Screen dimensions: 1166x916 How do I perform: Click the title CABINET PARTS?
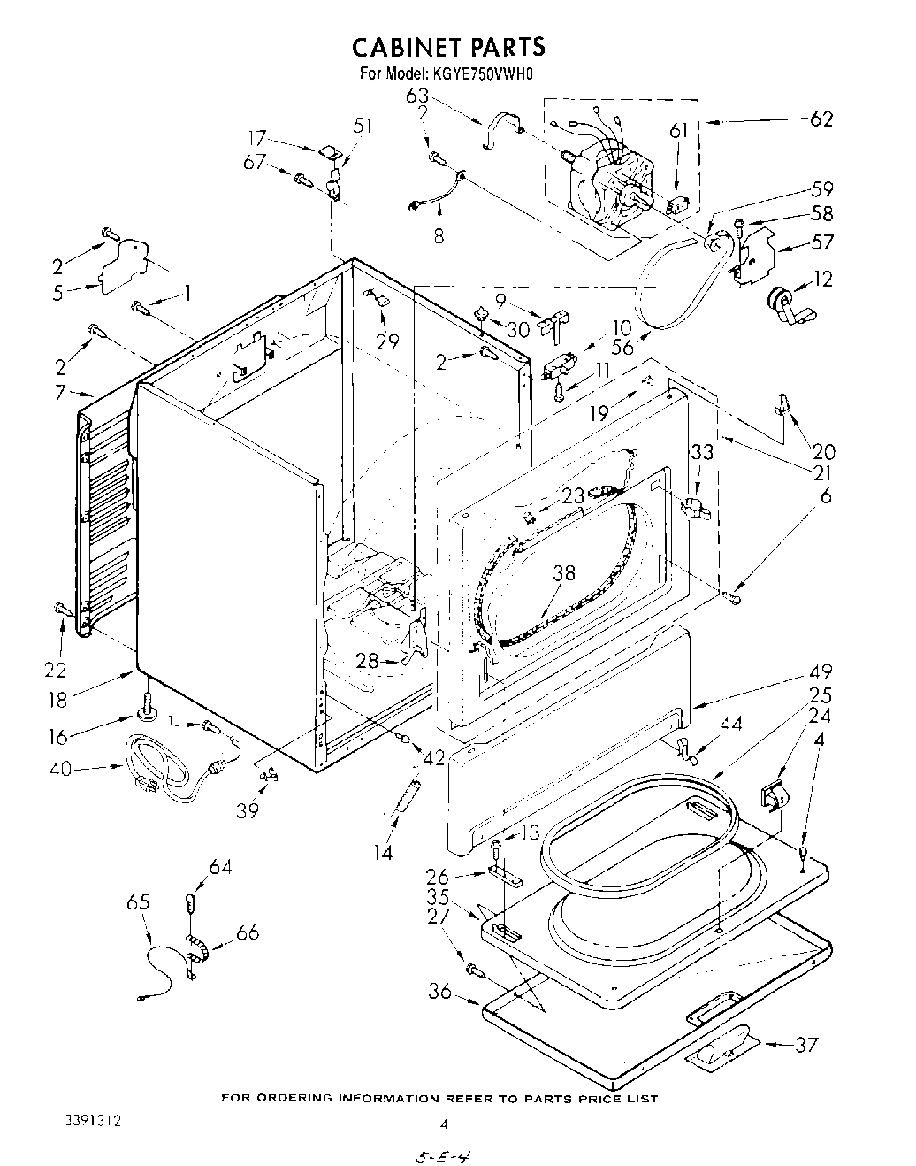(x=449, y=45)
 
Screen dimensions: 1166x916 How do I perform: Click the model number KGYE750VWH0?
(x=485, y=75)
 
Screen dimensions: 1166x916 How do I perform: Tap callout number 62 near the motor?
(x=821, y=119)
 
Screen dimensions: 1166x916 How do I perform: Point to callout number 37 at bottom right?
(x=805, y=1045)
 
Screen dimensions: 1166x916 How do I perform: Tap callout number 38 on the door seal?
(x=563, y=573)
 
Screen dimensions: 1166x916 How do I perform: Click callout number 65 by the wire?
(x=138, y=903)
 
